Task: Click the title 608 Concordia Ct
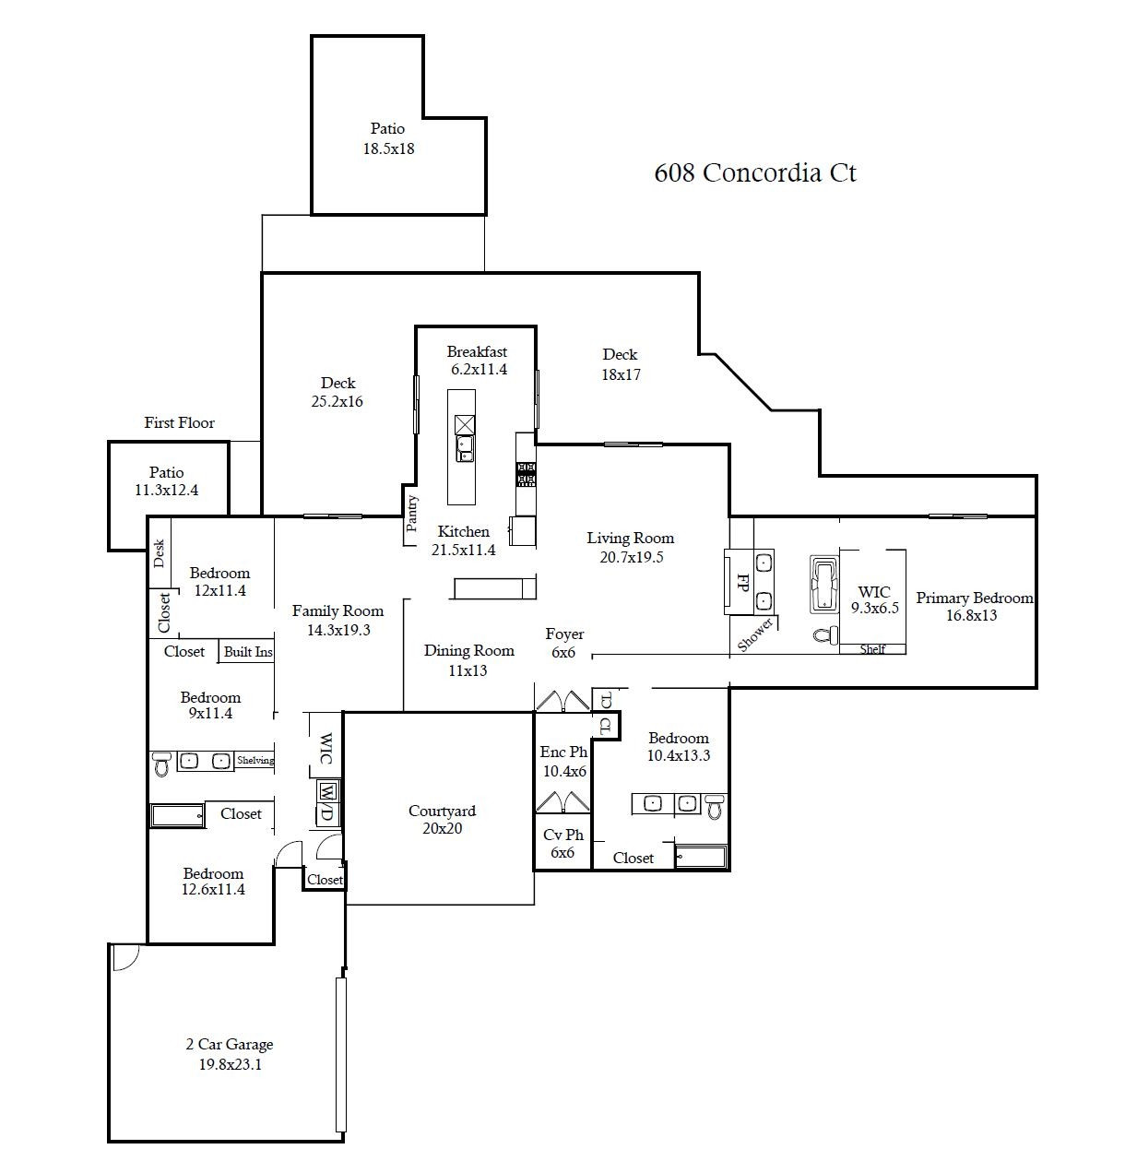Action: [x=754, y=173]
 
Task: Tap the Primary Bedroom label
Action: [x=974, y=606]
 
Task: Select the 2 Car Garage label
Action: [x=229, y=1054]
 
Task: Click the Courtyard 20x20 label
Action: [x=442, y=819]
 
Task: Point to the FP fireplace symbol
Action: [x=740, y=581]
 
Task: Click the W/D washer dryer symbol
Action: [x=326, y=801]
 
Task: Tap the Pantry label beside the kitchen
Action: [x=412, y=515]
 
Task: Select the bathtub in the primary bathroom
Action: [x=823, y=583]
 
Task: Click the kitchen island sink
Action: [x=465, y=449]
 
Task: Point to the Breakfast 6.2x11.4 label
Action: [x=477, y=361]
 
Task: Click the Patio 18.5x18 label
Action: [x=387, y=138]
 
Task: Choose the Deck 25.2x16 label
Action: [x=337, y=392]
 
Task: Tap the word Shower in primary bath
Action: [x=754, y=635]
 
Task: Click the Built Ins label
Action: [x=248, y=652]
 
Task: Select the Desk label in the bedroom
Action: [x=159, y=553]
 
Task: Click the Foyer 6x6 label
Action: [x=563, y=643]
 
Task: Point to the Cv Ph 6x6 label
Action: [x=562, y=843]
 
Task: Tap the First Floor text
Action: [x=179, y=423]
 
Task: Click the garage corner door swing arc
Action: [x=125, y=958]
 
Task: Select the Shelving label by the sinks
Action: [x=255, y=761]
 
